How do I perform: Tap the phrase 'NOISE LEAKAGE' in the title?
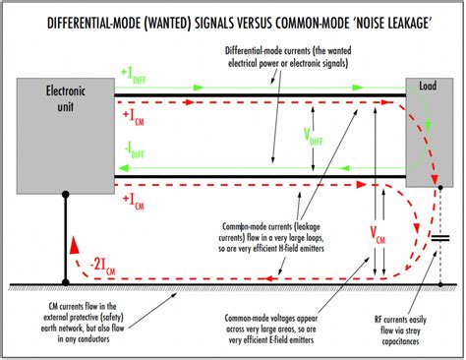tap(388, 17)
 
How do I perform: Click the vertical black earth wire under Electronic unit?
tap(66, 236)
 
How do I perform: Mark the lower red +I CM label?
tap(139, 202)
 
